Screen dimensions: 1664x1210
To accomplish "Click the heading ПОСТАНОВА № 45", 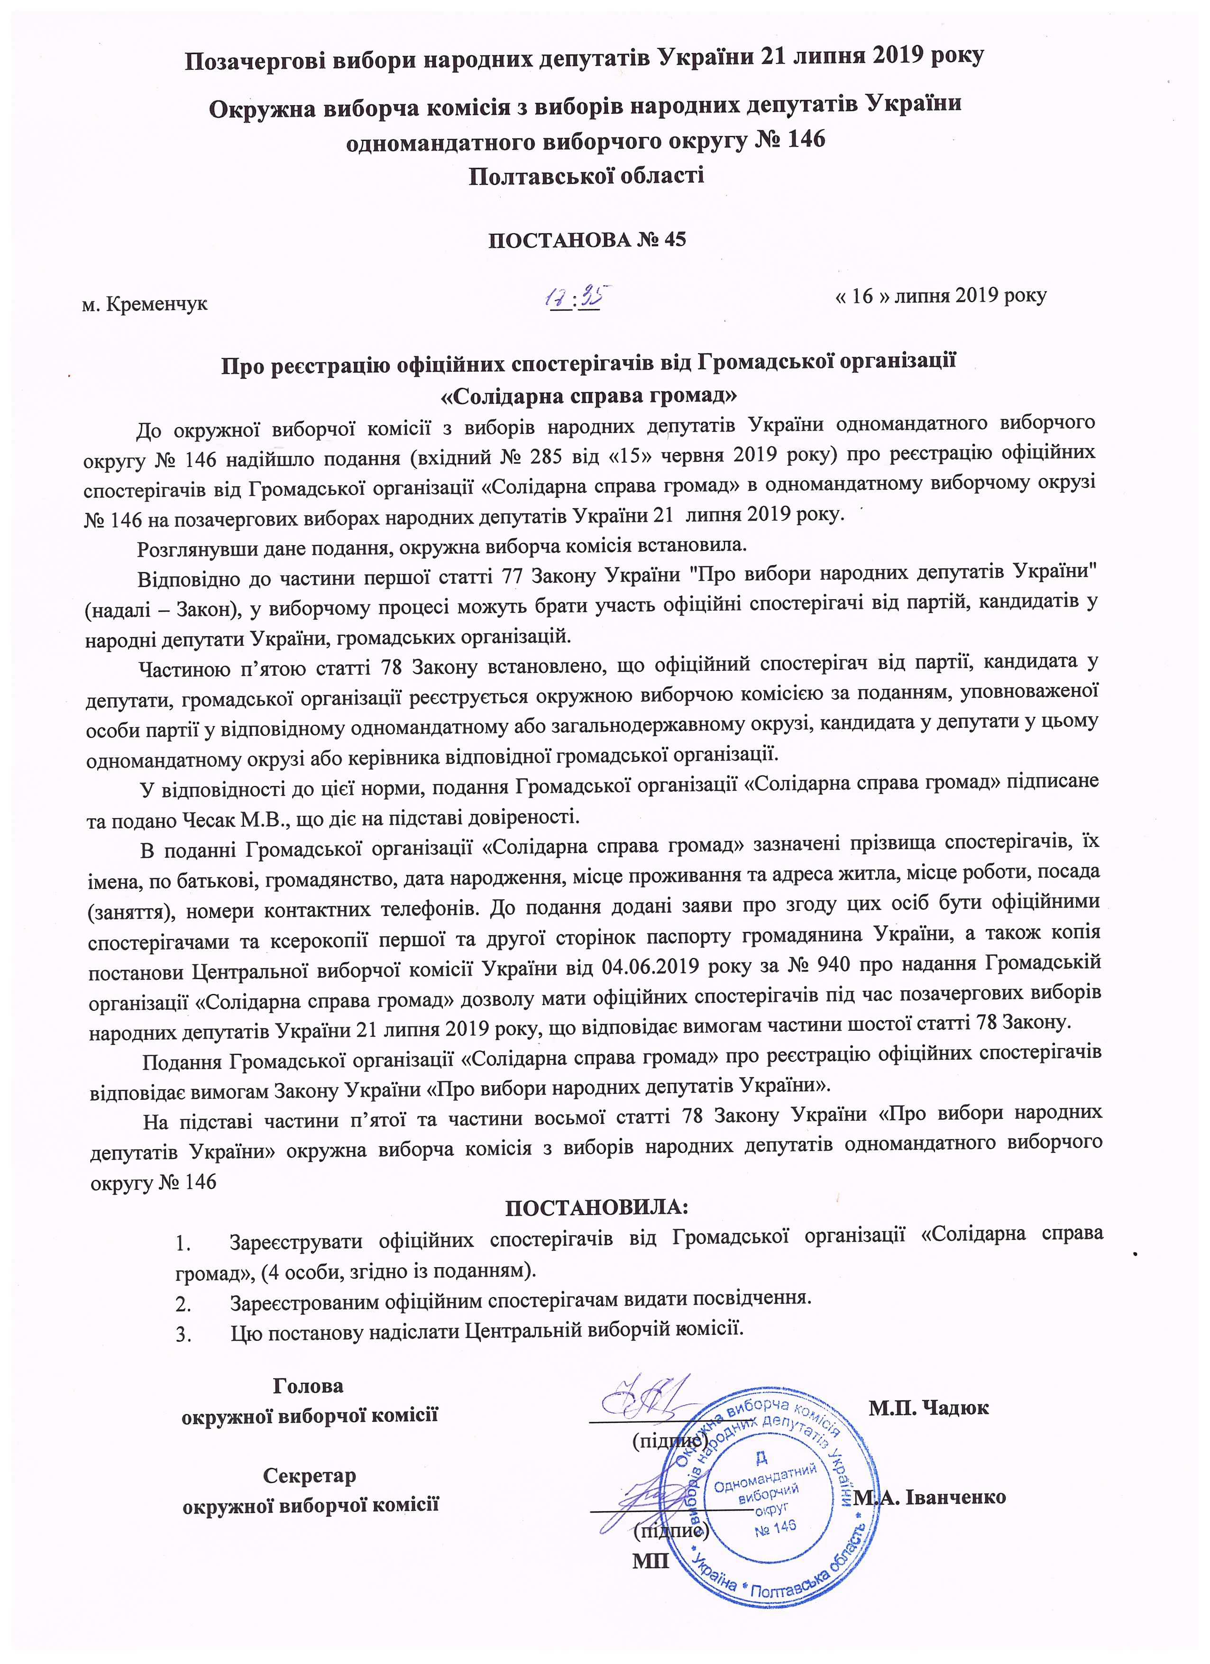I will click(587, 240).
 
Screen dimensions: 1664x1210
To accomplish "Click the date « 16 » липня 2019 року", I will click(941, 296).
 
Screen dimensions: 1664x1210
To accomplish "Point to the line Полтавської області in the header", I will click(587, 175).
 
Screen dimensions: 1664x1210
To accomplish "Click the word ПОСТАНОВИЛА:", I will click(597, 1206).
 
